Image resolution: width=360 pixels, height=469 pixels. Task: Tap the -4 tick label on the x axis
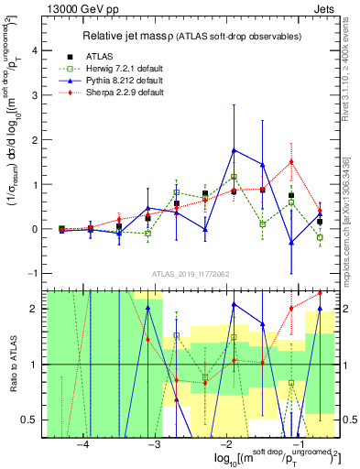(x=82, y=444)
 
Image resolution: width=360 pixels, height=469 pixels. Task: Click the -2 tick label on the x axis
(x=226, y=444)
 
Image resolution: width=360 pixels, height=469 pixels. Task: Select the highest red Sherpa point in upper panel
(x=291, y=162)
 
